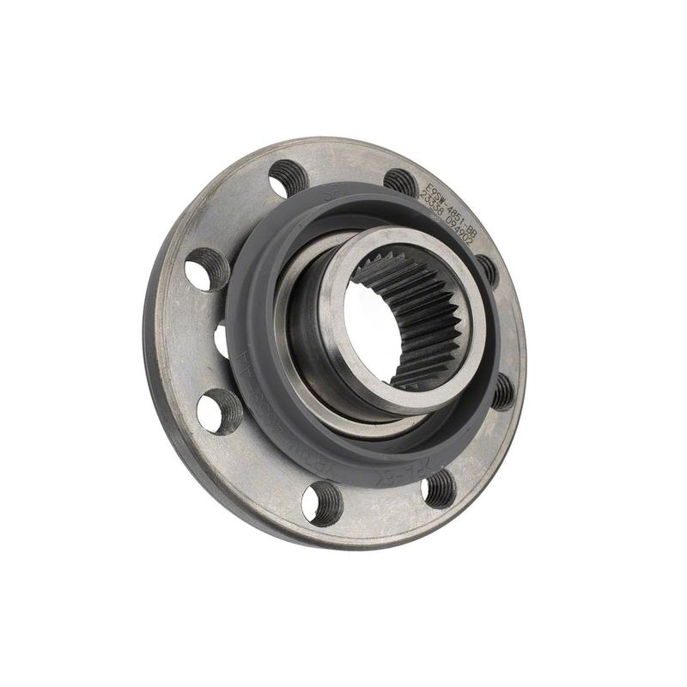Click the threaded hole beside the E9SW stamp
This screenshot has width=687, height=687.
pos(400,181)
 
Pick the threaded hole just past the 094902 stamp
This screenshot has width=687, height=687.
pos(487,268)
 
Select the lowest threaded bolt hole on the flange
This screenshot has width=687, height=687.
pos(322,503)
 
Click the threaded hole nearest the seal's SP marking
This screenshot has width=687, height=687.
pos(289,179)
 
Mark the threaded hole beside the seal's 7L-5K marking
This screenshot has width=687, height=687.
pos(440,488)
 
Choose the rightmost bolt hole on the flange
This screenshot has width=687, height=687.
pos(502,391)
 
